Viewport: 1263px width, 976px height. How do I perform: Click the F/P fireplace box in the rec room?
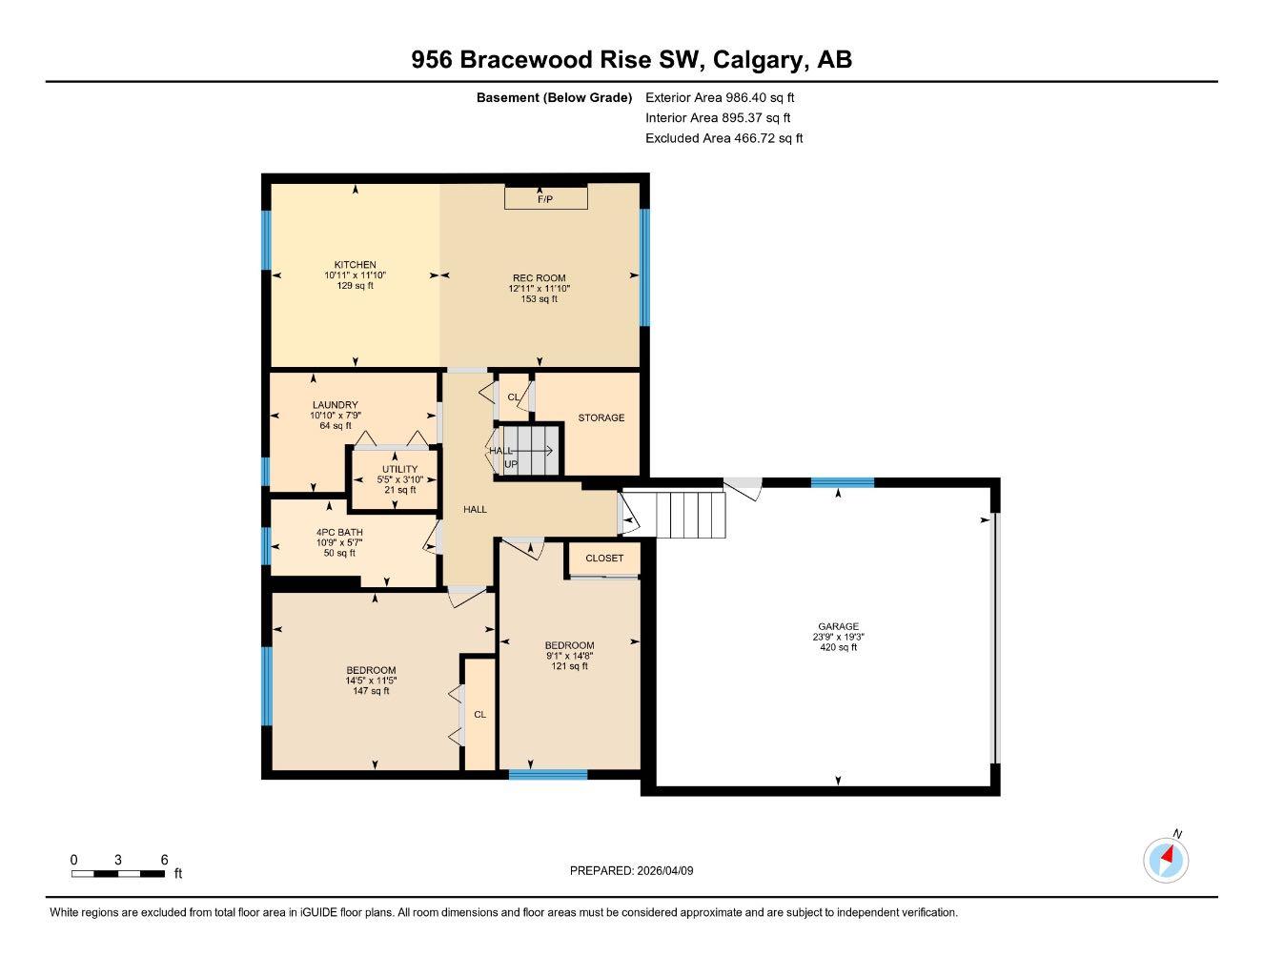[x=545, y=198]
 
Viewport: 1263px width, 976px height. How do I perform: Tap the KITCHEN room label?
[x=355, y=265]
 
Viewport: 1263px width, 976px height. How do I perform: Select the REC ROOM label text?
[x=539, y=278]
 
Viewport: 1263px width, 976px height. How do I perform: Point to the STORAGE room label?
[x=601, y=417]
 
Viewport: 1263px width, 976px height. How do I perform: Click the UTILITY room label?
[x=399, y=469]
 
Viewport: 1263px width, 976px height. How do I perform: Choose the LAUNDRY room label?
[x=335, y=405]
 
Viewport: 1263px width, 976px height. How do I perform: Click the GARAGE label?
[x=838, y=627]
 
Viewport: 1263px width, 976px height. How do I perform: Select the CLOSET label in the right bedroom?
[x=604, y=559]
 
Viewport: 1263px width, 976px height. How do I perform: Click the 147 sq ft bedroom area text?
[x=371, y=691]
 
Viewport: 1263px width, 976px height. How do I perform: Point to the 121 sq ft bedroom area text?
[x=569, y=666]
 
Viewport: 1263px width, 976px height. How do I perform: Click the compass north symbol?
[x=1166, y=860]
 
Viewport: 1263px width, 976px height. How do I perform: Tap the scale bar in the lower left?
[x=118, y=873]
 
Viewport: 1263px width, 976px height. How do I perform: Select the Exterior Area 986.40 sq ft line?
[x=720, y=97]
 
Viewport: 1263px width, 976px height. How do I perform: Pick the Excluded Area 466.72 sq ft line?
[x=723, y=138]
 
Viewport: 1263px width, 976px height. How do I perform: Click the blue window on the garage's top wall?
[x=842, y=482]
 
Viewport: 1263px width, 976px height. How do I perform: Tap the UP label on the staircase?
[x=511, y=464]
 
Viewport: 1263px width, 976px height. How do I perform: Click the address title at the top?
[x=631, y=60]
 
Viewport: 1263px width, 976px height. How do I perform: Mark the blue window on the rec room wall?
[x=644, y=267]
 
